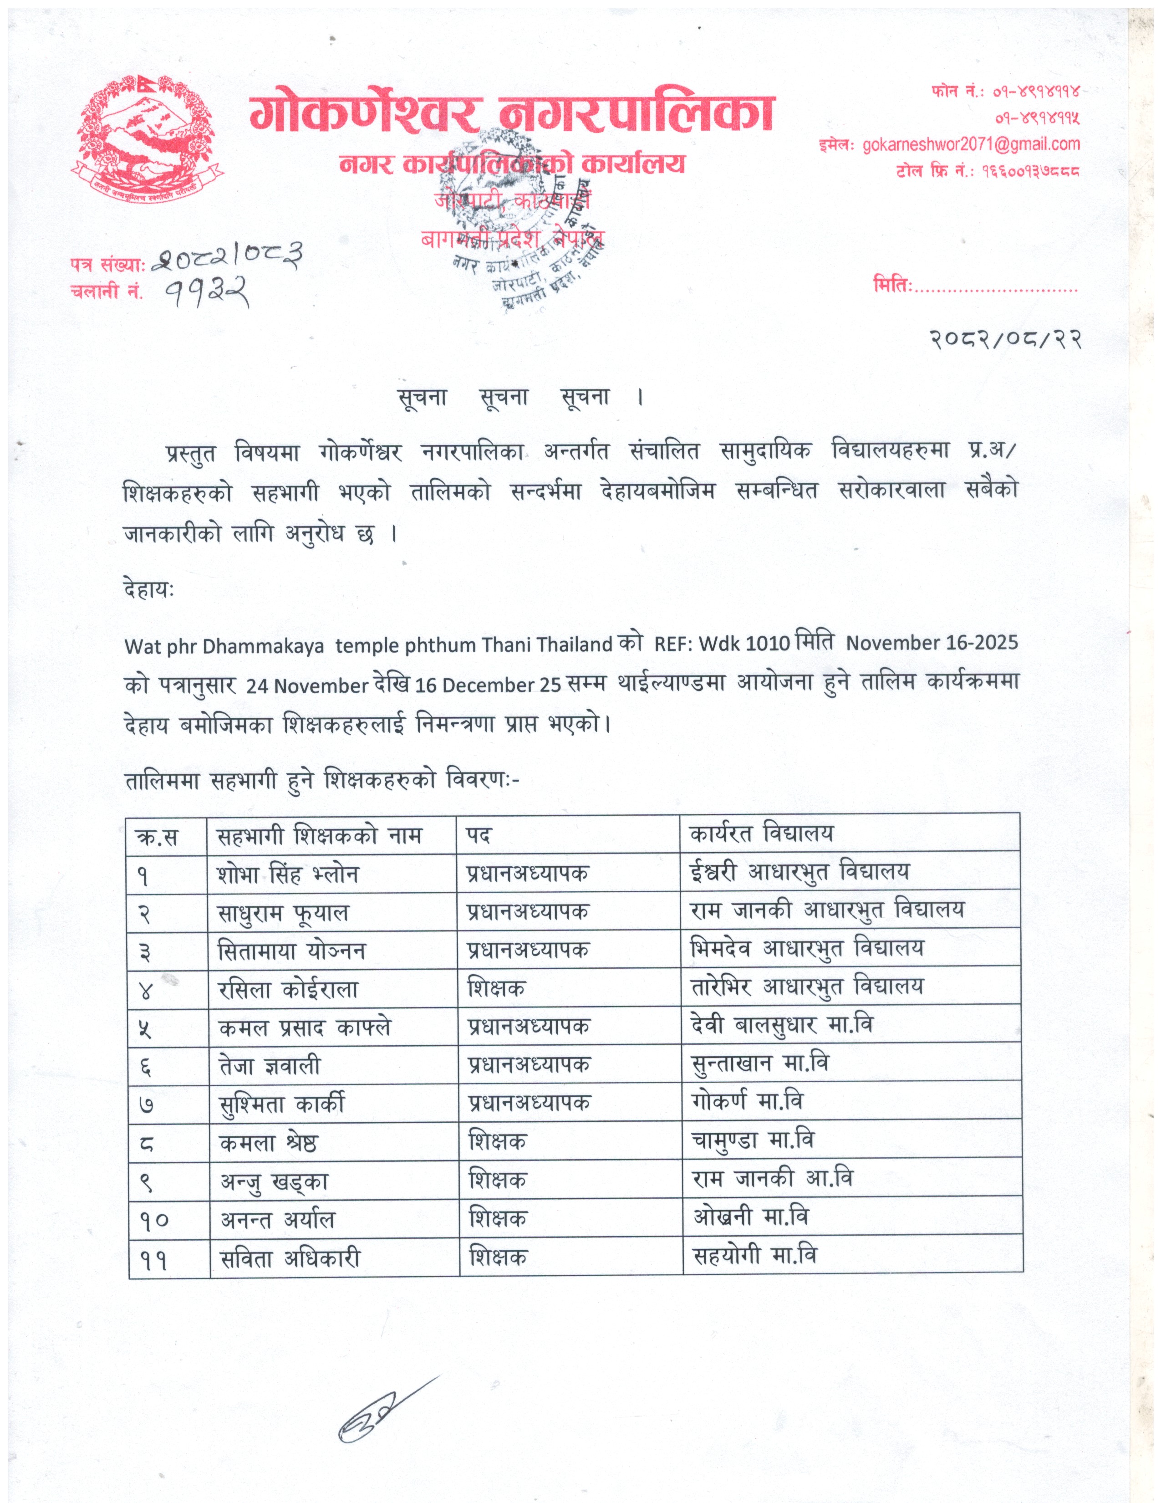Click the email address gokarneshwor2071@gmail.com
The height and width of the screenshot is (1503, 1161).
tap(971, 144)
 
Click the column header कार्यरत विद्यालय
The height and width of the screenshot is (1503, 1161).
tap(761, 834)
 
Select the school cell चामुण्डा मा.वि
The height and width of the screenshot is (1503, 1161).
tap(753, 1141)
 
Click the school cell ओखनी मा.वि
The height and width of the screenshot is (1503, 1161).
tap(750, 1217)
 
